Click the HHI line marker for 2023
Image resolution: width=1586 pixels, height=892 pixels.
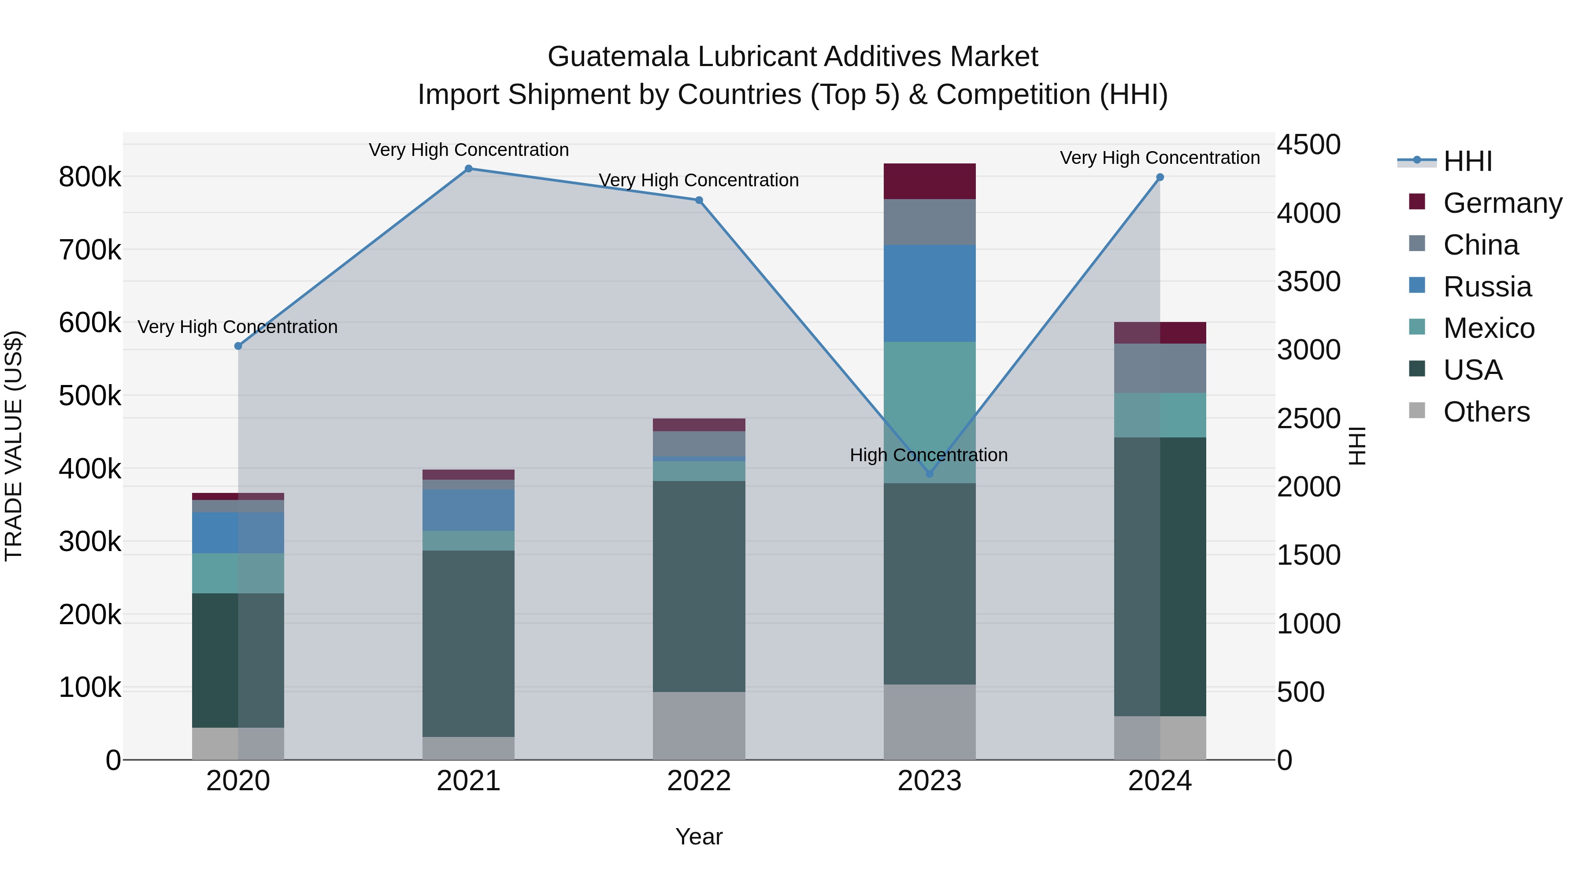pos(930,474)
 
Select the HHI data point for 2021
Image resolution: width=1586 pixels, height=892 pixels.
pos(469,169)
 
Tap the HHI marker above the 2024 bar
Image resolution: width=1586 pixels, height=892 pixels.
pos(1160,177)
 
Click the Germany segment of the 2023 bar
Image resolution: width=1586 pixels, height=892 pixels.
pos(930,181)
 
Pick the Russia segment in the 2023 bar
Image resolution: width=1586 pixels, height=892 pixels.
pos(930,294)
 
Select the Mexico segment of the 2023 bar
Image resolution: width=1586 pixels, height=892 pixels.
pos(930,412)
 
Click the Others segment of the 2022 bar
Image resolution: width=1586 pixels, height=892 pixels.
pos(699,726)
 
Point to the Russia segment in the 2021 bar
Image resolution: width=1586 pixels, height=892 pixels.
pos(469,511)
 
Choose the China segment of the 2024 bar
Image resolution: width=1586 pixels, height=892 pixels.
pos(1160,368)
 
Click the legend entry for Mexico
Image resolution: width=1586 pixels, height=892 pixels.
pos(1489,329)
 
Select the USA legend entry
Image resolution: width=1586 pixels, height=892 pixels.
pos(1473,370)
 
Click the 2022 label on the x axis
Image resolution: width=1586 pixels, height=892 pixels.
pos(699,781)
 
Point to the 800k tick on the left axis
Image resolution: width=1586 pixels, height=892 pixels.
pos(90,177)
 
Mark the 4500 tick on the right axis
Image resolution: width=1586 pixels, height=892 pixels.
pos(1308,145)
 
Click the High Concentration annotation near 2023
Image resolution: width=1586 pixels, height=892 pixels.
pos(928,455)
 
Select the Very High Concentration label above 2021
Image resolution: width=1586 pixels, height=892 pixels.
pos(469,150)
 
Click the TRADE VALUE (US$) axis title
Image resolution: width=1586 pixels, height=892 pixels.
pos(14,446)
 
